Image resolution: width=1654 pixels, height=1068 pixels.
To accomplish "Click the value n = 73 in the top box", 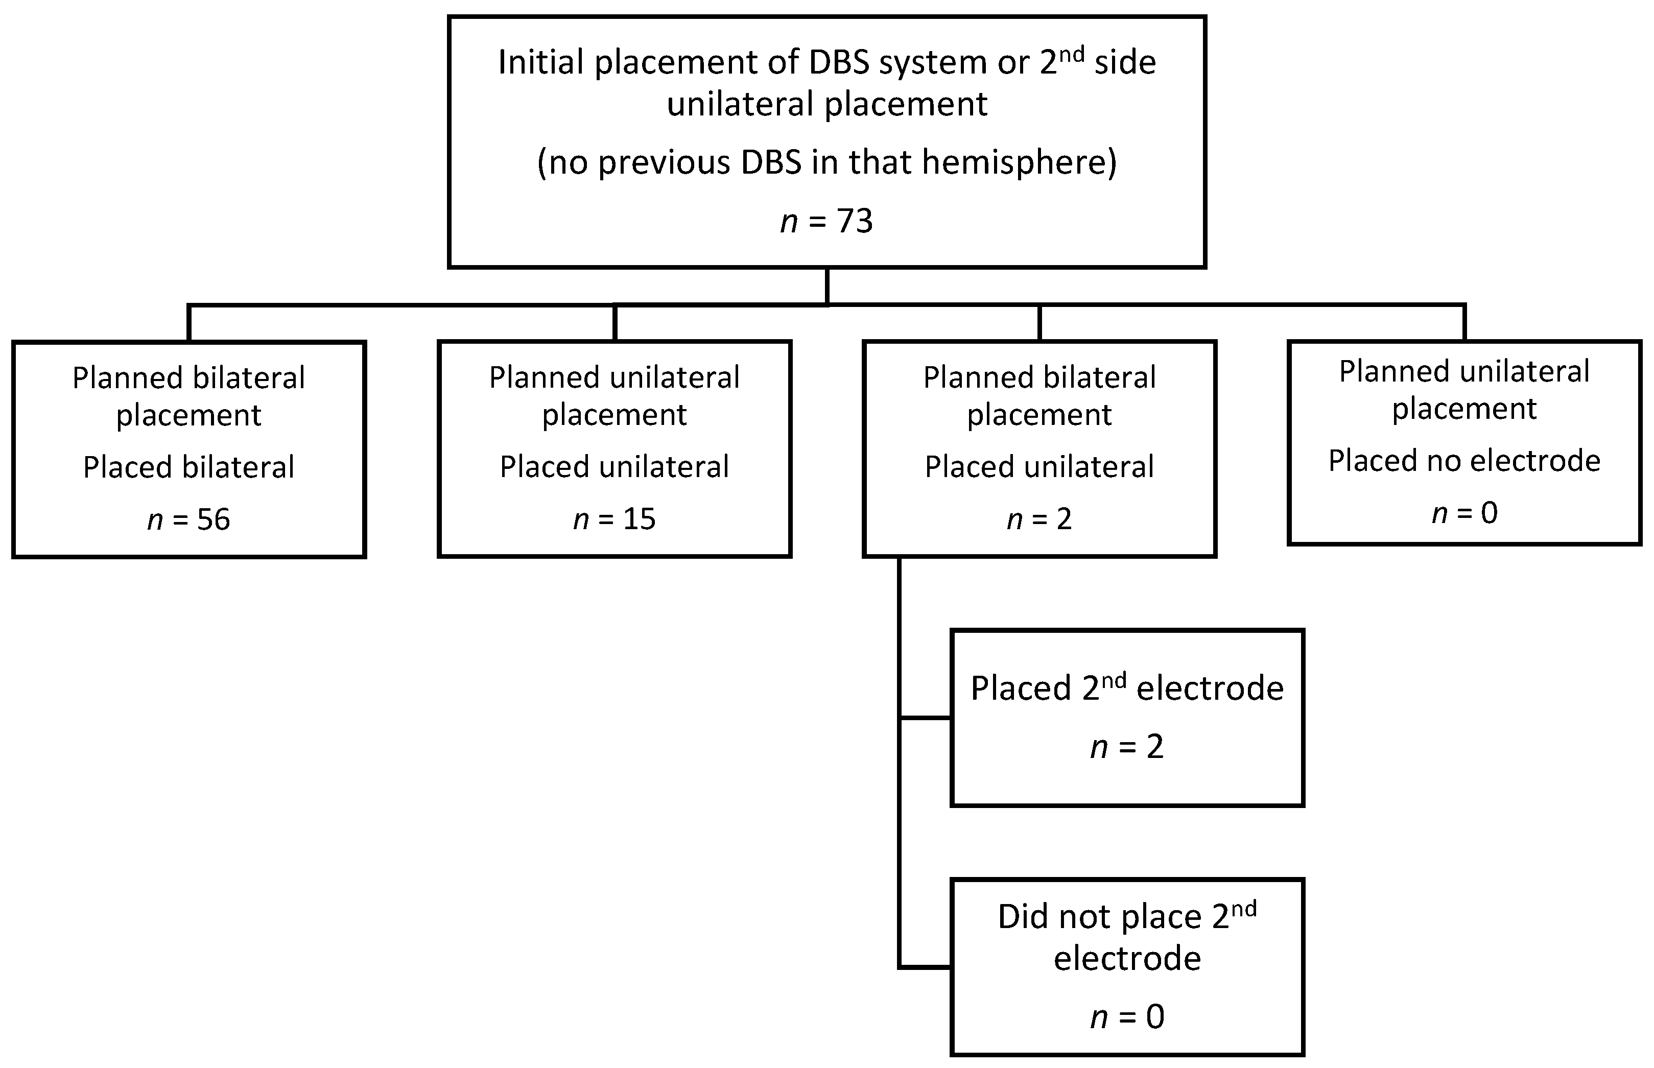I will (x=826, y=222).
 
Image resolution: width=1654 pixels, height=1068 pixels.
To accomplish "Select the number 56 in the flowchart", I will (x=214, y=519).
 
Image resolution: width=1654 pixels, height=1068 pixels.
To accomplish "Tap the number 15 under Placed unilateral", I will (x=639, y=519).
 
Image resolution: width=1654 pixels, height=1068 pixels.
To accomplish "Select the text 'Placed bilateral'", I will (x=188, y=467).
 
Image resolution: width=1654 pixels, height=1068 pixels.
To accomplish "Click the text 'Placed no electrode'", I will (x=1464, y=461).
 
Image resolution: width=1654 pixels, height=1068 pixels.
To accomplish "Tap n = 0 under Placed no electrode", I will (x=1464, y=513).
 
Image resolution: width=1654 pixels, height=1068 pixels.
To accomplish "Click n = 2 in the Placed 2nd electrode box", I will (x=1127, y=747).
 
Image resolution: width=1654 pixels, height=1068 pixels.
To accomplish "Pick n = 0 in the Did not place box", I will (x=1127, y=1017).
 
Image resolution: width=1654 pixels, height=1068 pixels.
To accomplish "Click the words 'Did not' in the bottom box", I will (x=1054, y=917).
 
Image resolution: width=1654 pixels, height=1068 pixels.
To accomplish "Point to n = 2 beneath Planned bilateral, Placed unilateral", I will (x=1039, y=519).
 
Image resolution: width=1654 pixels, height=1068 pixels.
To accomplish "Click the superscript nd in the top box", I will (x=1072, y=55).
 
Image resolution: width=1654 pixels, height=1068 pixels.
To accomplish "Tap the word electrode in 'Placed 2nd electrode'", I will (x=1210, y=689).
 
